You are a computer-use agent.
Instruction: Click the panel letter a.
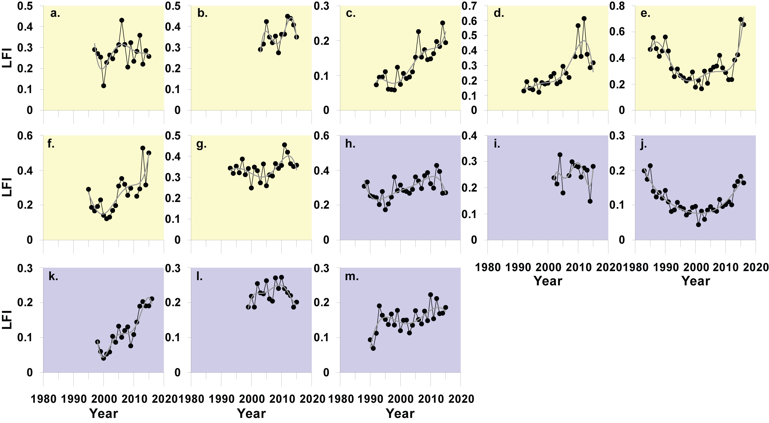click(55, 14)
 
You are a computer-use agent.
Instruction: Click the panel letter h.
click(350, 144)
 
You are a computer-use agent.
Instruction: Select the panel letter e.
click(645, 14)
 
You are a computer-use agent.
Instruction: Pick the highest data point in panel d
click(584, 18)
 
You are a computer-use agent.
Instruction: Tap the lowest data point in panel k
click(104, 358)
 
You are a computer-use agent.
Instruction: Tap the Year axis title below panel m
click(400, 414)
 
